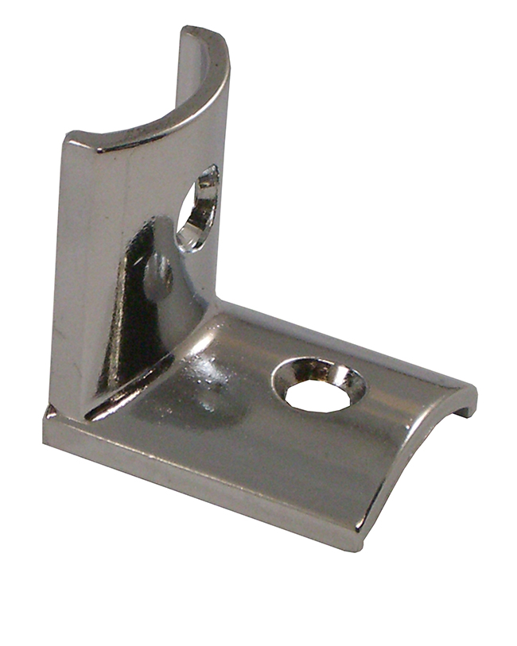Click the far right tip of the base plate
(x=475, y=391)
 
